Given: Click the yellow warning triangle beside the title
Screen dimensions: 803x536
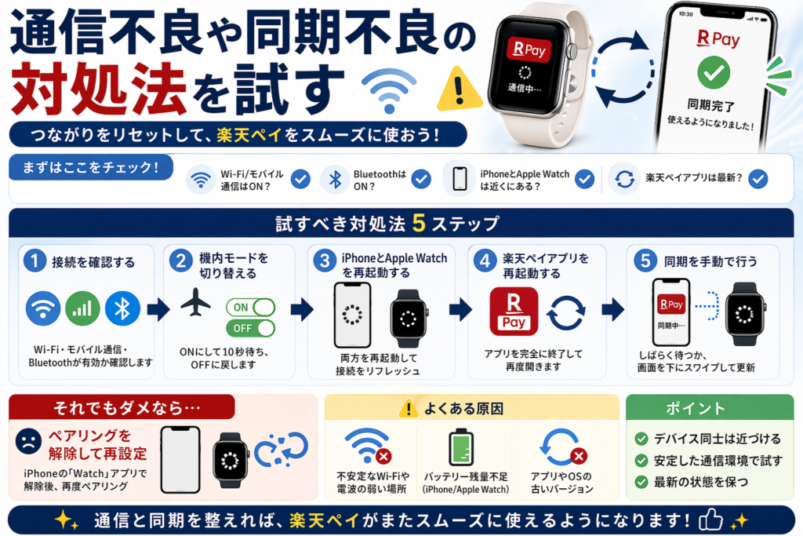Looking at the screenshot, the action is [460, 89].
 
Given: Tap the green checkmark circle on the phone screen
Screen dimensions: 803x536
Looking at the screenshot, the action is [714, 73].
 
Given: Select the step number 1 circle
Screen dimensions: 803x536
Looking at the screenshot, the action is [35, 261].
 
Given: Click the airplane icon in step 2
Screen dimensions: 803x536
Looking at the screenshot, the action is [195, 302].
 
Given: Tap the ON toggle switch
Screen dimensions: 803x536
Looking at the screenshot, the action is [250, 308].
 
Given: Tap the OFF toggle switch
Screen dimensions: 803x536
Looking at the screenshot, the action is [250, 328].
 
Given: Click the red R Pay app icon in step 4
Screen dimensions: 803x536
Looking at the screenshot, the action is [514, 312].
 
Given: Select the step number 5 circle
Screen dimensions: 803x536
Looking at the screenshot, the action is [645, 261].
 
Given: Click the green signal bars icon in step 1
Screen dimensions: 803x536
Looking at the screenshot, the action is [82, 308].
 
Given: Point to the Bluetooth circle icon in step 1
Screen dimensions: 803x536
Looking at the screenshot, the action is [122, 308].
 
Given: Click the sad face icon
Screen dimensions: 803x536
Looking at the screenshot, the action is [29, 441].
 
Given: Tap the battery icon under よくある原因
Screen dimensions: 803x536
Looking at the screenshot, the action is [461, 448].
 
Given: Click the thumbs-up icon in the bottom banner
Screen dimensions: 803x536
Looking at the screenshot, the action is [710, 520].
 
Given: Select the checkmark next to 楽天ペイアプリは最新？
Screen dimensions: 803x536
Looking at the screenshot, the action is [758, 179].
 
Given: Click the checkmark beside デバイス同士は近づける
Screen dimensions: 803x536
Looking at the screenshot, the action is [641, 439].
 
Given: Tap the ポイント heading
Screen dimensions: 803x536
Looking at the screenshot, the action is [696, 408].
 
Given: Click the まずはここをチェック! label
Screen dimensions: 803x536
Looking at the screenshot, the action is [91, 167].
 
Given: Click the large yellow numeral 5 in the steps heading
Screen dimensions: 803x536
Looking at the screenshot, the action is [419, 223].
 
